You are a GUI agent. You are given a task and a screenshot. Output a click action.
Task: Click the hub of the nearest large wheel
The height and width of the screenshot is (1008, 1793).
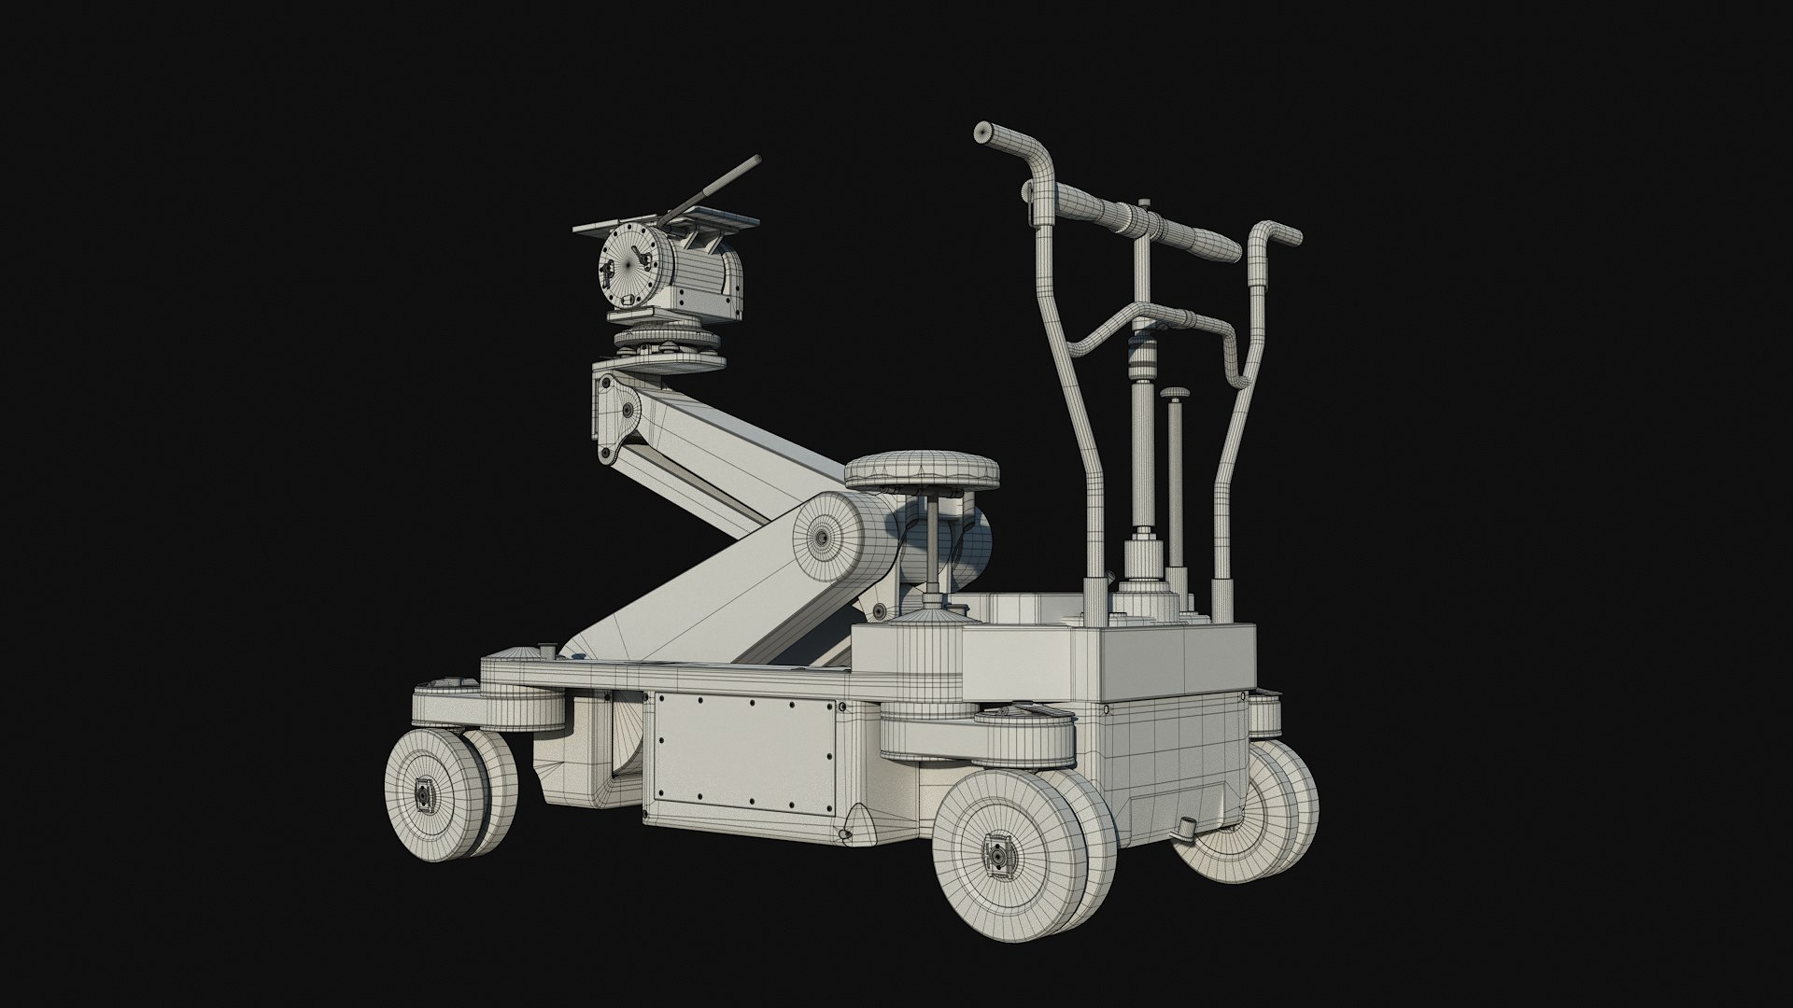(x=999, y=854)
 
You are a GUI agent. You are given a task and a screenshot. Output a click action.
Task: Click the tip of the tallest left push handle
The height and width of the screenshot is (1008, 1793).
(x=982, y=133)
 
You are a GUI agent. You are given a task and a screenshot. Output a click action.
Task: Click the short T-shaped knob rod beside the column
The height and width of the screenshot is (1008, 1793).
(x=1174, y=467)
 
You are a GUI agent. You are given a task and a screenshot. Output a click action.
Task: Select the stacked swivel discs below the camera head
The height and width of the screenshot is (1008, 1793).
(x=669, y=350)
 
